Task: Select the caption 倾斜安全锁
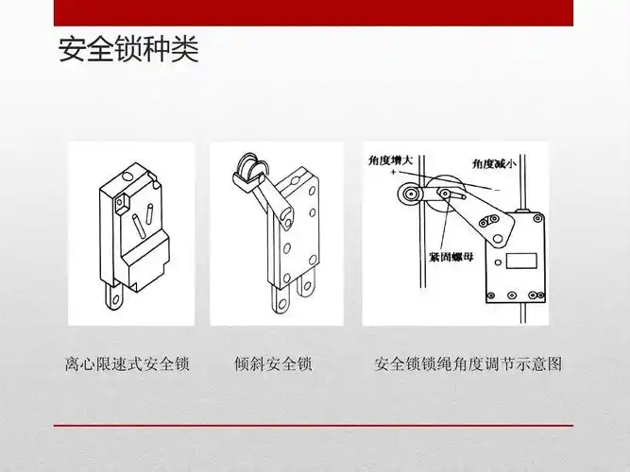tap(273, 363)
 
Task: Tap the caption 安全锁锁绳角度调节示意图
tap(468, 363)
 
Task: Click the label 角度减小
tap(494, 163)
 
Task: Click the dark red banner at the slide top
tap(315, 12)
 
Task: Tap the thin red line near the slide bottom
tap(315, 426)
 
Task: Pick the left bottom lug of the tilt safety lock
tap(280, 296)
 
